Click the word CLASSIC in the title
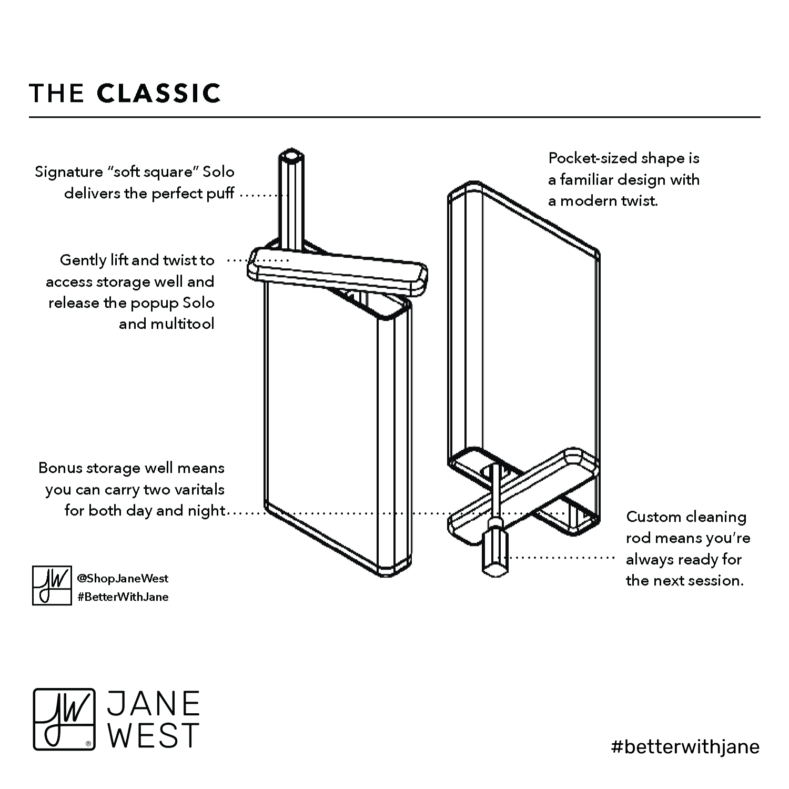pyautogui.click(x=159, y=93)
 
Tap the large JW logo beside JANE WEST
pyautogui.click(x=64, y=719)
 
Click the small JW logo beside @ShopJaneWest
pyautogui.click(x=52, y=585)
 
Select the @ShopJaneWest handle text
pyautogui.click(x=123, y=579)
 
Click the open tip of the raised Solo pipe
pyautogui.click(x=290, y=156)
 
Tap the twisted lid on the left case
pyautogui.click(x=337, y=272)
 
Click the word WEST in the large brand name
pyautogui.click(x=154, y=735)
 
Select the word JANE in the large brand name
pyautogui.click(x=154, y=704)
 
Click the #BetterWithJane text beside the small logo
pyautogui.click(x=123, y=597)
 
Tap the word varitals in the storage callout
pyautogui.click(x=195, y=489)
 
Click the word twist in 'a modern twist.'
pyautogui.click(x=641, y=201)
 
